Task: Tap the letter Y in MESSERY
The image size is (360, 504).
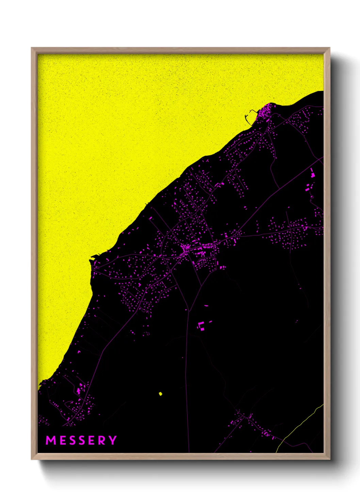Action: pyautogui.click(x=113, y=440)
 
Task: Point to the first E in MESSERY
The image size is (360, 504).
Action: pyautogui.click(x=62, y=440)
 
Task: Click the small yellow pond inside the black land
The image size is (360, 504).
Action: pyautogui.click(x=161, y=394)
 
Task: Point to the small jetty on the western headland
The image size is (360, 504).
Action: pyautogui.click(x=94, y=257)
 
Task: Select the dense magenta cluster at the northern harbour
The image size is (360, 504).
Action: pyautogui.click(x=266, y=111)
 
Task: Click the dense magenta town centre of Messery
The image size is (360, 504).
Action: pyautogui.click(x=186, y=250)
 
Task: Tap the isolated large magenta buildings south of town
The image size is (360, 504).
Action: pyautogui.click(x=201, y=326)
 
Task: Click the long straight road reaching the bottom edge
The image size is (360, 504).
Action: pyautogui.click(x=187, y=375)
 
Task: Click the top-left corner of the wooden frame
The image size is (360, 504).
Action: pyautogui.click(x=32, y=48)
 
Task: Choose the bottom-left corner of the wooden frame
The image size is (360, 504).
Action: pyautogui.click(x=32, y=459)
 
